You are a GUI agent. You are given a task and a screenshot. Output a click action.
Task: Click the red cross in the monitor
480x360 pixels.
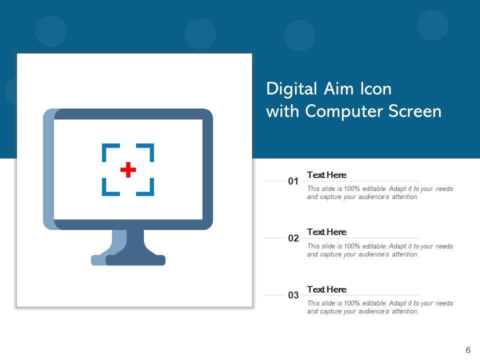pos(128,169)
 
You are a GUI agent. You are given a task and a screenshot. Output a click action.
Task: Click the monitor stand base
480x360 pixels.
pos(128,260)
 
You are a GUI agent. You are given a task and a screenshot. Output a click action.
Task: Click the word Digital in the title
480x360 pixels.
pos(291,89)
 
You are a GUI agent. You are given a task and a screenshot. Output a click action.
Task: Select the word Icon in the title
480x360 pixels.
pos(375,89)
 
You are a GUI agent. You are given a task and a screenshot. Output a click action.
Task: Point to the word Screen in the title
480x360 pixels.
pos(415,111)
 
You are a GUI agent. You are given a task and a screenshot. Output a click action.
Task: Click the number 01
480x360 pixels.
pos(293,181)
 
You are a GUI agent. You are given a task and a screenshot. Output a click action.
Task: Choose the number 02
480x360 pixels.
pos(293,238)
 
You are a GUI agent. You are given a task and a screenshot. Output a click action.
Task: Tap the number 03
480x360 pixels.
pos(293,295)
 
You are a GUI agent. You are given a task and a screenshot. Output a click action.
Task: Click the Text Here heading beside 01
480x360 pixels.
pos(326,175)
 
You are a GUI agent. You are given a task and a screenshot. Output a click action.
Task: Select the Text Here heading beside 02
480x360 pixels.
pos(326,231)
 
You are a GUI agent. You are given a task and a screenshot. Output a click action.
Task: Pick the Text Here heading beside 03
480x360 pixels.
pos(326,289)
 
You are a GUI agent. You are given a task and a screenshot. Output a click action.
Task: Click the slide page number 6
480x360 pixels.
pos(468,350)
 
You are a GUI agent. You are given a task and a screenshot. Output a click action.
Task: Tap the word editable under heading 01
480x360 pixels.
pos(374,188)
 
